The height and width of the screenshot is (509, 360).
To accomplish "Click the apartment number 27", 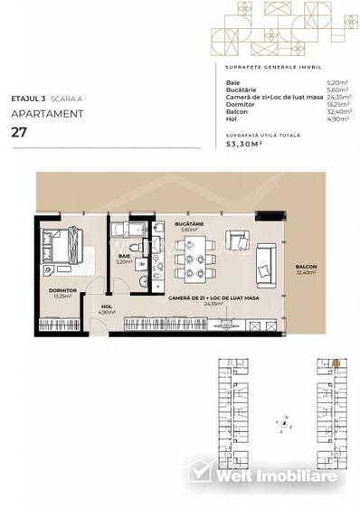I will pyautogui.click(x=18, y=132).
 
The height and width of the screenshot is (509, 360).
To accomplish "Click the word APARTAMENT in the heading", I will pyautogui.click(x=48, y=114).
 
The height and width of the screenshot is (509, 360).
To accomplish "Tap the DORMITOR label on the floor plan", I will pyautogui.click(x=62, y=291).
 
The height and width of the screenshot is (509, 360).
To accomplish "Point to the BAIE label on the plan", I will pyautogui.click(x=123, y=257).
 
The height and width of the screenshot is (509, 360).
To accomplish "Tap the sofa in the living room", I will pyautogui.click(x=267, y=259).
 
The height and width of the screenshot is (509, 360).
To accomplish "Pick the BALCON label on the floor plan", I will pyautogui.click(x=305, y=268).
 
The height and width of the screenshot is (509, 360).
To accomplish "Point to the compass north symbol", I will pyautogui.click(x=284, y=422).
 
